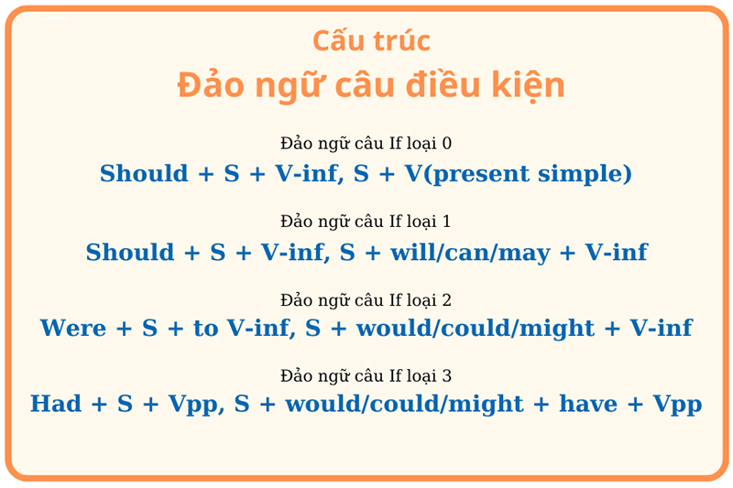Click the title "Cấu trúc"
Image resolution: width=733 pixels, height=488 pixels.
click(x=371, y=42)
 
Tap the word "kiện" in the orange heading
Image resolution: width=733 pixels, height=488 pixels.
click(x=525, y=85)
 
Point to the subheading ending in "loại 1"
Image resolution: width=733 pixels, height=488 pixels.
click(x=366, y=222)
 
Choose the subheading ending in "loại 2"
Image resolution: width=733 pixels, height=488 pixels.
click(x=366, y=300)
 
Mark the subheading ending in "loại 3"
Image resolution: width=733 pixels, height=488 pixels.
click(x=366, y=376)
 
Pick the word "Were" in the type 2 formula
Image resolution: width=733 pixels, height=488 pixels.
click(x=73, y=328)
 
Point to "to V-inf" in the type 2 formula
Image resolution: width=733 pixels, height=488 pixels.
click(x=242, y=328)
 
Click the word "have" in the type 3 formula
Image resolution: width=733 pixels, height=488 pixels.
click(x=588, y=404)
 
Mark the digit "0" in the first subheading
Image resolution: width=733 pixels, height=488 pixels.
click(x=446, y=144)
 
